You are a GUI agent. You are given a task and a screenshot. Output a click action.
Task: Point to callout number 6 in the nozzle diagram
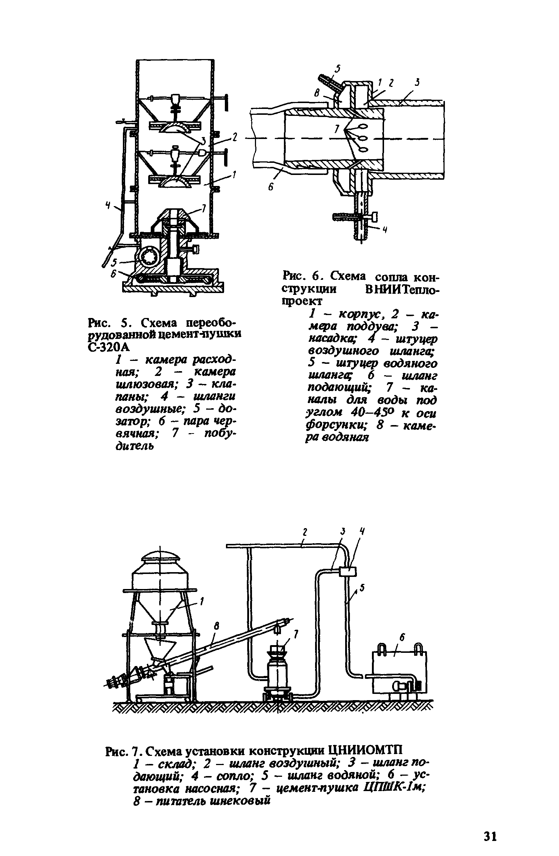click(x=271, y=187)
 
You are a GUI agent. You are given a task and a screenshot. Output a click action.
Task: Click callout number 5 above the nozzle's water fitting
click(x=338, y=69)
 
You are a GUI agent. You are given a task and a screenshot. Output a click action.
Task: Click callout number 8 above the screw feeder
click(x=216, y=627)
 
